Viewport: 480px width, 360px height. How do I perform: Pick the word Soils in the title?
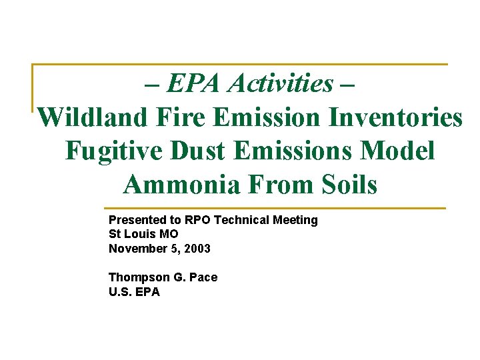click(x=344, y=185)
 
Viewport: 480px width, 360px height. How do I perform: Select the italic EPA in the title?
click(x=195, y=84)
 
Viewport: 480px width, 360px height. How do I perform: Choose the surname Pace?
click(x=203, y=277)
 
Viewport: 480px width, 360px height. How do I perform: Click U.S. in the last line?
click(x=121, y=291)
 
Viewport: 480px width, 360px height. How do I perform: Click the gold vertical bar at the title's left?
click(x=33, y=87)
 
